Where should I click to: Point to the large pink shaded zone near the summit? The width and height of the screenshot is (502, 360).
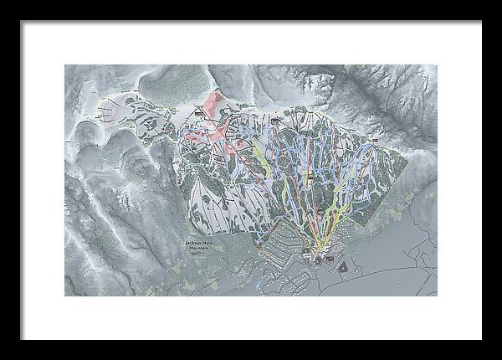pyautogui.click(x=209, y=117)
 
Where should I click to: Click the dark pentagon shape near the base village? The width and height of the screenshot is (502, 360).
pyautogui.click(x=341, y=267)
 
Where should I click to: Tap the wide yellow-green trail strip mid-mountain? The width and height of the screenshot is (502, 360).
pyautogui.click(x=261, y=159)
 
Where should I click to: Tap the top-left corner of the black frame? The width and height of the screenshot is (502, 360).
pyautogui.click(x=23, y=22)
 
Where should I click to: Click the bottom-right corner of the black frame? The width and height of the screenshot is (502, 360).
pyautogui.click(x=480, y=339)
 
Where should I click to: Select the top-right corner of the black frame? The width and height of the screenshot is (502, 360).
pyautogui.click(x=480, y=22)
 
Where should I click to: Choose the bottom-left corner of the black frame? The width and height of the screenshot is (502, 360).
pyautogui.click(x=23, y=339)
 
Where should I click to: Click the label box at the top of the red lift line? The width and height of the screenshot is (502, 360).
pyautogui.click(x=274, y=121)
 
